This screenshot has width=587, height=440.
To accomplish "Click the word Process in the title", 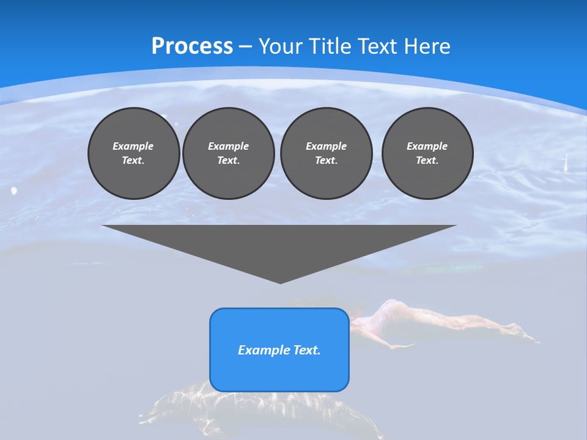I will [x=192, y=46].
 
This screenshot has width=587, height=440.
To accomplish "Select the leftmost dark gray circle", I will [x=133, y=153].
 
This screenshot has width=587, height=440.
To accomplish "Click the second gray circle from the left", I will [x=228, y=153].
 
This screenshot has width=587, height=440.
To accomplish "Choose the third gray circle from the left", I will [x=326, y=153].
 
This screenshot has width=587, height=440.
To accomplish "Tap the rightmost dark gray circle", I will [x=427, y=153].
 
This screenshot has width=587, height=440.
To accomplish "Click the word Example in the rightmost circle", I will [x=427, y=146].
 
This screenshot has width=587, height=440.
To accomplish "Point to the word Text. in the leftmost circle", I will [x=133, y=161].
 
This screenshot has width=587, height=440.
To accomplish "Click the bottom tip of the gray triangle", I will [x=280, y=282].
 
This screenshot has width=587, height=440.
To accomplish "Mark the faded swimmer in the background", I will [x=440, y=321].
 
